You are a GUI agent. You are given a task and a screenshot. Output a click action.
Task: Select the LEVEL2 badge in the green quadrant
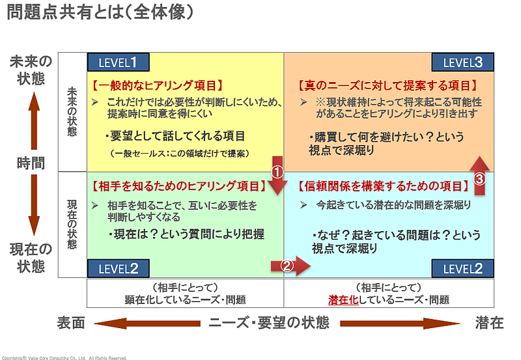point(118,268)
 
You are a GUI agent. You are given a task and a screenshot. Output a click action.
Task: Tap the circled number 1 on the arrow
point(276,173)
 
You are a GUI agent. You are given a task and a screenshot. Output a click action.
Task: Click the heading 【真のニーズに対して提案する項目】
point(388,85)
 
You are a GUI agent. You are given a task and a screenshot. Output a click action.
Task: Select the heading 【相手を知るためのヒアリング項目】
point(177,186)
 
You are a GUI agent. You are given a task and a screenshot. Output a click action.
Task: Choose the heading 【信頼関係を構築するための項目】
point(384,186)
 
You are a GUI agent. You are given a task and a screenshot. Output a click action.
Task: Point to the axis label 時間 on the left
point(30,163)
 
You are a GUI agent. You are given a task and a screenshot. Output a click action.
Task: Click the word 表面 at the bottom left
point(70,323)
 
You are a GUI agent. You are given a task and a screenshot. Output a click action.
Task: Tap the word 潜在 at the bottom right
point(489,323)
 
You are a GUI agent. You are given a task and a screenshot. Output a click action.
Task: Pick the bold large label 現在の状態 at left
point(30,257)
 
